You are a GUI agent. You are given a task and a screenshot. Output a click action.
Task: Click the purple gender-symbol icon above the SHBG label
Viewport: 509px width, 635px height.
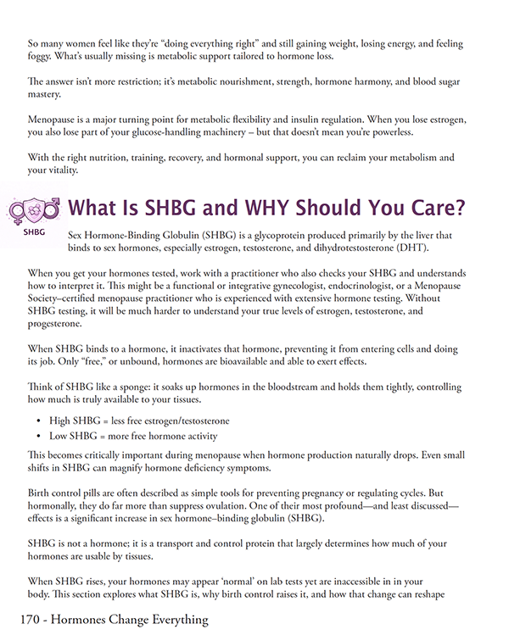(35, 209)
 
